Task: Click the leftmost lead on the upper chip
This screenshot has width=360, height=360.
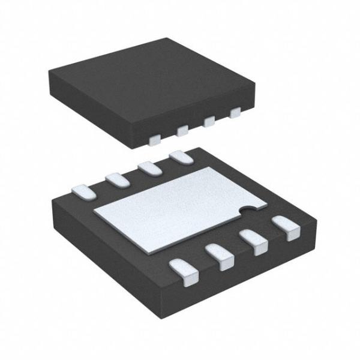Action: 154,140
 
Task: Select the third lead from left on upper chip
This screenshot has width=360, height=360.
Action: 209,121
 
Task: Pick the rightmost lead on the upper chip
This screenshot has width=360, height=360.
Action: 235,112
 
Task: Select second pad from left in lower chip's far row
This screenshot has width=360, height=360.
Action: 115,178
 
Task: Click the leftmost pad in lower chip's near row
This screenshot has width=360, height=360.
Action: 185,270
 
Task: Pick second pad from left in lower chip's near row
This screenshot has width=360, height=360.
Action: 221,256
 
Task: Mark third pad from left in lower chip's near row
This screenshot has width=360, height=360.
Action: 256,242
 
